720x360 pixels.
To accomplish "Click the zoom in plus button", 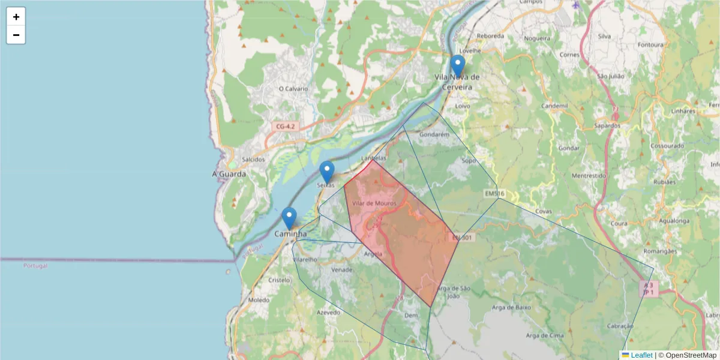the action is point(16,17).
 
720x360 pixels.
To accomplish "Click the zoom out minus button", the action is point(16,35).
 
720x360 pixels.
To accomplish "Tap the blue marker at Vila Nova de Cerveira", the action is point(458,65).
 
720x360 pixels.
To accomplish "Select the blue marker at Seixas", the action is point(327,172).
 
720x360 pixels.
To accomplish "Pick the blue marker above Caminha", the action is point(289,218).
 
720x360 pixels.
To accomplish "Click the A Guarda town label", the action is point(229,174).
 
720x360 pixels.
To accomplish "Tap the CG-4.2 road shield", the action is point(286,127).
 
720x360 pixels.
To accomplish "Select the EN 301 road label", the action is point(463,238).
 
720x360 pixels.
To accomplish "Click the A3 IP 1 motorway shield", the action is point(648,289).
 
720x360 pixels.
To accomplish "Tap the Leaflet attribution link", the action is point(641,355).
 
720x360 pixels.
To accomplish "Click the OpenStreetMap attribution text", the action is point(687,355).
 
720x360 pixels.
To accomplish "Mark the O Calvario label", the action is point(293,89).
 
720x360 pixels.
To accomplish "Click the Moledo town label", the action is point(259,299).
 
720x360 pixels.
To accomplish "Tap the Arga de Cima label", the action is point(545,335).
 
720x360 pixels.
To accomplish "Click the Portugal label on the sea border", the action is point(35,265).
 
